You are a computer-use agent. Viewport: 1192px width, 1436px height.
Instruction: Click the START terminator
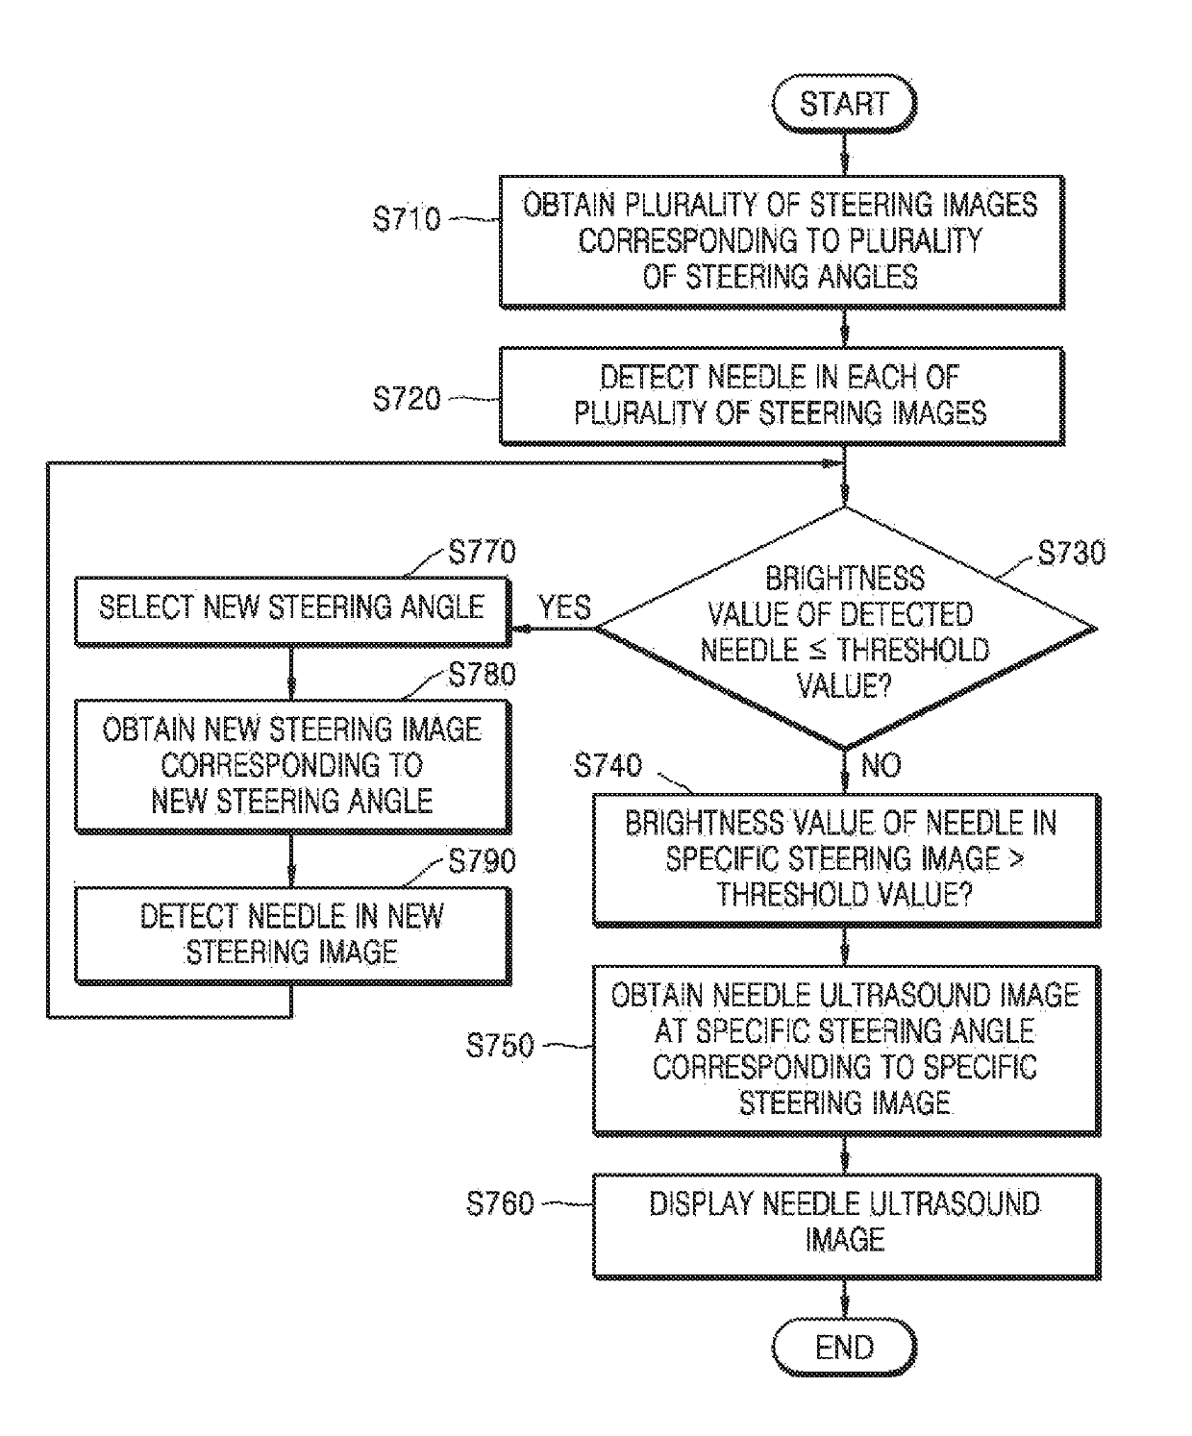tap(844, 104)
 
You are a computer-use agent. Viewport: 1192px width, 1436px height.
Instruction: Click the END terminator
tap(844, 1347)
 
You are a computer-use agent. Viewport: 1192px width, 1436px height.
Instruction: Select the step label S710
tap(407, 219)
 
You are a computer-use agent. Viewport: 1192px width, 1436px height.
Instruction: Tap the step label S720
tap(407, 398)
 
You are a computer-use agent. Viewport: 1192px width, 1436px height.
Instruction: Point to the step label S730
tap(1072, 553)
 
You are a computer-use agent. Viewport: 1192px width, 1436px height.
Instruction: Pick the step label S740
tap(608, 765)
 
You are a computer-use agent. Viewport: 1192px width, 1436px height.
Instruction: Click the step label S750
tap(500, 1045)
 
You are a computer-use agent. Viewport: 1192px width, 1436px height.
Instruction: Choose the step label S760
tap(500, 1202)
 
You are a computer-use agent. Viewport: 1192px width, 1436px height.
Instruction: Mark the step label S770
tap(482, 552)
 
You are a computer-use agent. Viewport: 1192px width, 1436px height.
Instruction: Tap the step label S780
tap(482, 674)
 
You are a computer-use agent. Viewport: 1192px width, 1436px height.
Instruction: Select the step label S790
tap(482, 860)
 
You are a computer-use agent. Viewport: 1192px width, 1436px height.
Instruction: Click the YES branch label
tap(564, 607)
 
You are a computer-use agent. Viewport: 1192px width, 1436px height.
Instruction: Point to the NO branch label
tap(882, 765)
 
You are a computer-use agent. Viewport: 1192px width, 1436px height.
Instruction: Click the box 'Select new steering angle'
tap(292, 611)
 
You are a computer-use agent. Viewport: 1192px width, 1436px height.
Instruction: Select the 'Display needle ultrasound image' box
tap(846, 1226)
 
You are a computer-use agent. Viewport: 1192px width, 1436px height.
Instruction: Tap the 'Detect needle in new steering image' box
tap(292, 935)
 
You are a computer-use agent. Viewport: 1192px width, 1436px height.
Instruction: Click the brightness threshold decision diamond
tap(845, 629)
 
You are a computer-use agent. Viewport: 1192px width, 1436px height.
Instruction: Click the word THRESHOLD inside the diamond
tap(912, 650)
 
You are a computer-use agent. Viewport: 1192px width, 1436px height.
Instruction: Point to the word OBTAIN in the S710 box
tap(568, 205)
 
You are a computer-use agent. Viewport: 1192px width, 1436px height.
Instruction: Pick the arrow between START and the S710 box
tap(845, 154)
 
